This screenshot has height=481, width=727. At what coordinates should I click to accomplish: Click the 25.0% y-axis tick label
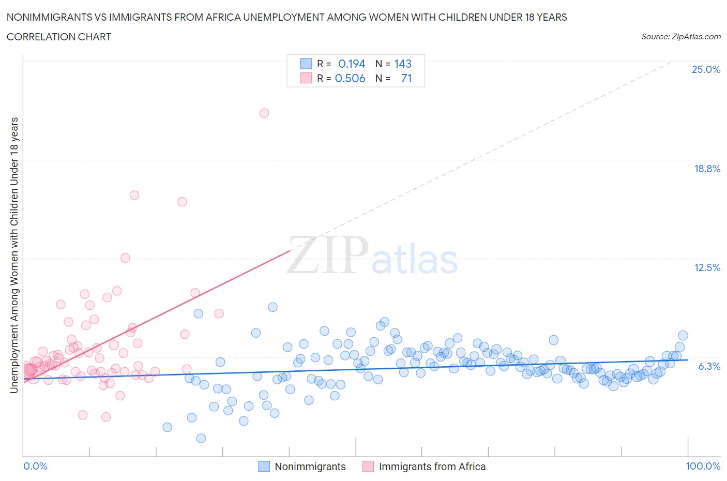tap(706, 69)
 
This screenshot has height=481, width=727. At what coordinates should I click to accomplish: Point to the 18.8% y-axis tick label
tap(707, 169)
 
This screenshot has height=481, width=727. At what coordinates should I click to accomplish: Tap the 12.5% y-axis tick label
tap(707, 267)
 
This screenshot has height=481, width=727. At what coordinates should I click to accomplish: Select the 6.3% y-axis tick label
tap(709, 366)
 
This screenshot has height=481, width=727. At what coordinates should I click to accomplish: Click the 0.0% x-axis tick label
tap(35, 466)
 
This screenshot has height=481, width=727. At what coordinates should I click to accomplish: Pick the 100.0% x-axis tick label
tap(703, 466)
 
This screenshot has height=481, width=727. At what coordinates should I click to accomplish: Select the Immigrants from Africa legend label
tap(432, 467)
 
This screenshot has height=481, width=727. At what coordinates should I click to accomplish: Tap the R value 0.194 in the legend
tap(352, 64)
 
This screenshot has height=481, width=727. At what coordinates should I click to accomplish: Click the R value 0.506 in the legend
tap(350, 78)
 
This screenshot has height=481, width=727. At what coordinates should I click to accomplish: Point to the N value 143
tap(403, 64)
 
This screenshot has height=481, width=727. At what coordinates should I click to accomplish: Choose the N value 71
tap(406, 78)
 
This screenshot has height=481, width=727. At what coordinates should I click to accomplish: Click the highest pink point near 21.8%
tap(264, 113)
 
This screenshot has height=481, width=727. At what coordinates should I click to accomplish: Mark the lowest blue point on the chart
tap(201, 438)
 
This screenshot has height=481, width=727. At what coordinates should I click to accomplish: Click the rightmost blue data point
tap(683, 336)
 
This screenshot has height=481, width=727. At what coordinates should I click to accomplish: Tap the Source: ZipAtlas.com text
tap(680, 36)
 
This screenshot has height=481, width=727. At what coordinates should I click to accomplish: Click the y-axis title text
tap(14, 255)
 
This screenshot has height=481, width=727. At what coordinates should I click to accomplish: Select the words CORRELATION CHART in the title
tap(59, 37)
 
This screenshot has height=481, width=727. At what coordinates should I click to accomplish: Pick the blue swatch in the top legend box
tap(306, 64)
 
